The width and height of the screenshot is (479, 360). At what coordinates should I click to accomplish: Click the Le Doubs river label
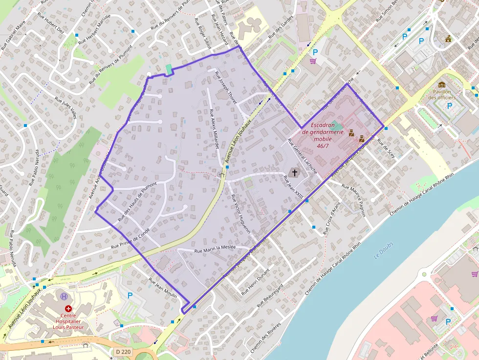(x=383, y=250)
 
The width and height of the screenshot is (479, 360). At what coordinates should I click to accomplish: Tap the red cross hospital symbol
(x=69, y=309)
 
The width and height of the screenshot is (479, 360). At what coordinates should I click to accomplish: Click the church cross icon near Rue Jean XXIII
(x=294, y=172)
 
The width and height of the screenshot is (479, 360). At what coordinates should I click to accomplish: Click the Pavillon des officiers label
(x=441, y=94)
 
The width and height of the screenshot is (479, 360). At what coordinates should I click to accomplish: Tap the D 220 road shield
(x=124, y=351)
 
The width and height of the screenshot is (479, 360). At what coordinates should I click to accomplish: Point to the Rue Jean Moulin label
(x=163, y=288)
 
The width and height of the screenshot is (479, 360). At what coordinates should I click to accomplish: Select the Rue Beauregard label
(x=270, y=295)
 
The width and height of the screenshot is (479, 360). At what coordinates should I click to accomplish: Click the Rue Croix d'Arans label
(x=331, y=218)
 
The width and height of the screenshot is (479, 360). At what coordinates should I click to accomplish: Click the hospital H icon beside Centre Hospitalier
(x=64, y=296)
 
